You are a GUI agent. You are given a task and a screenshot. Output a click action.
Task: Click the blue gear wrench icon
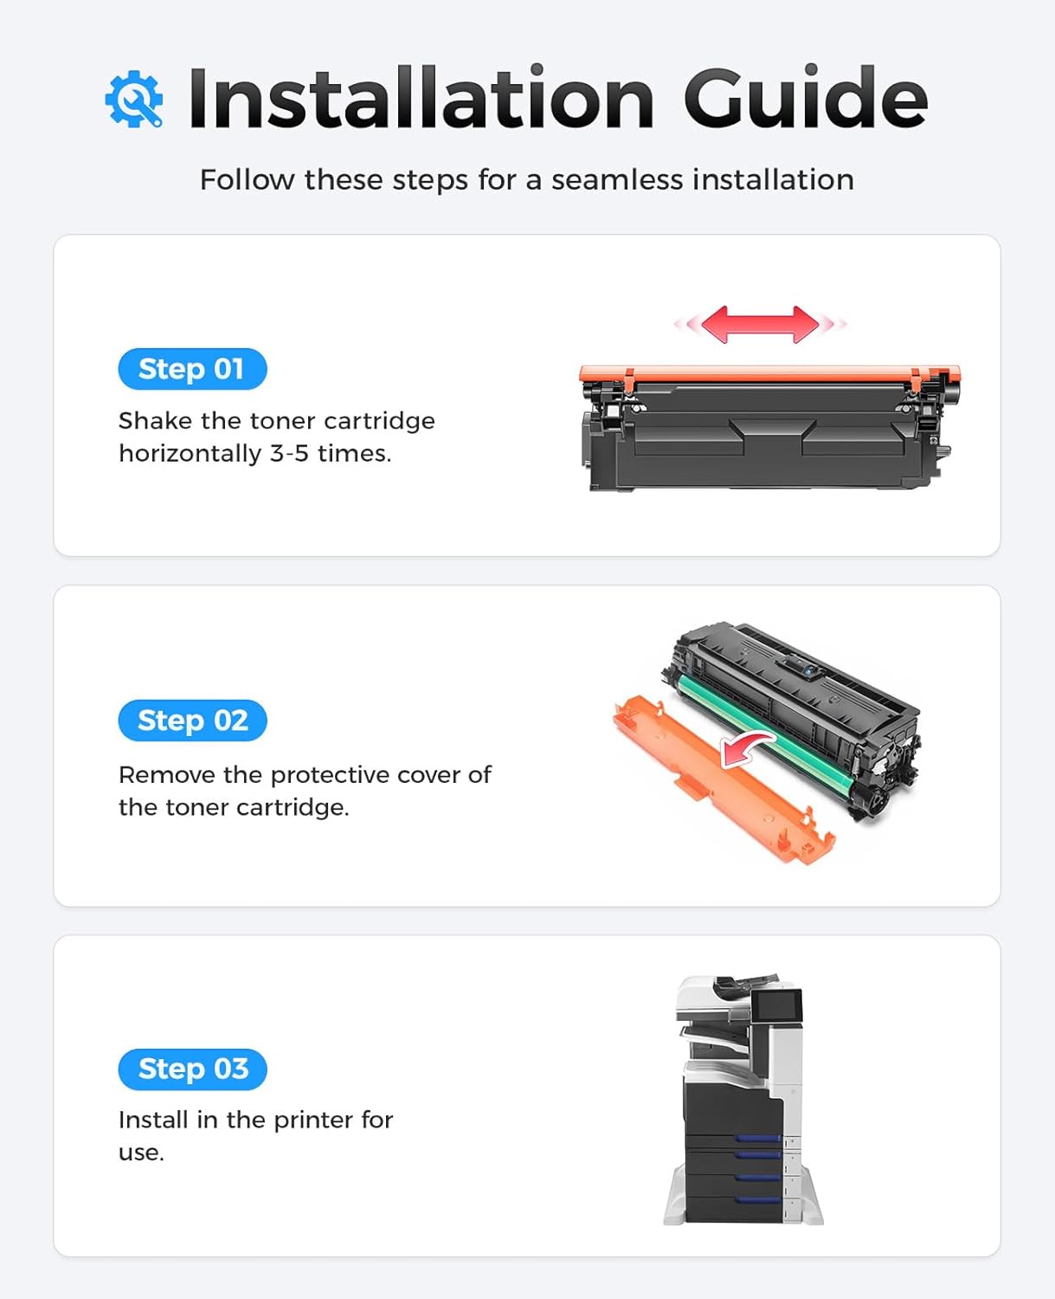(x=133, y=100)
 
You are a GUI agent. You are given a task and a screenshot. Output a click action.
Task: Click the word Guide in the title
(x=805, y=98)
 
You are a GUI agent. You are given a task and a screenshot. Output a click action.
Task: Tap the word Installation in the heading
(x=421, y=98)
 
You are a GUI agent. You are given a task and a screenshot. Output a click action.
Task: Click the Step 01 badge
(x=192, y=369)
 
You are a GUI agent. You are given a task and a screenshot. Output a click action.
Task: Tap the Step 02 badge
(x=192, y=721)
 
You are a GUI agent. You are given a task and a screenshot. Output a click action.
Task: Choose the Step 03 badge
(x=192, y=1070)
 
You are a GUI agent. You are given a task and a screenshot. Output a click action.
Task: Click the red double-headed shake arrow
(x=760, y=324)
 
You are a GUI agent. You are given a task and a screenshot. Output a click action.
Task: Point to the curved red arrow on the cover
(x=746, y=746)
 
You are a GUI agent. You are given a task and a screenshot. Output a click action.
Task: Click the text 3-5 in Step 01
(x=289, y=453)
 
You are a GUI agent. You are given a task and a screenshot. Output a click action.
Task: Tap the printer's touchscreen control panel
(x=776, y=1006)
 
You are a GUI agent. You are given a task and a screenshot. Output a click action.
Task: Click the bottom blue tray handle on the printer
(x=758, y=1199)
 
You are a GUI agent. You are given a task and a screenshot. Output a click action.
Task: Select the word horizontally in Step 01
(x=190, y=453)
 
